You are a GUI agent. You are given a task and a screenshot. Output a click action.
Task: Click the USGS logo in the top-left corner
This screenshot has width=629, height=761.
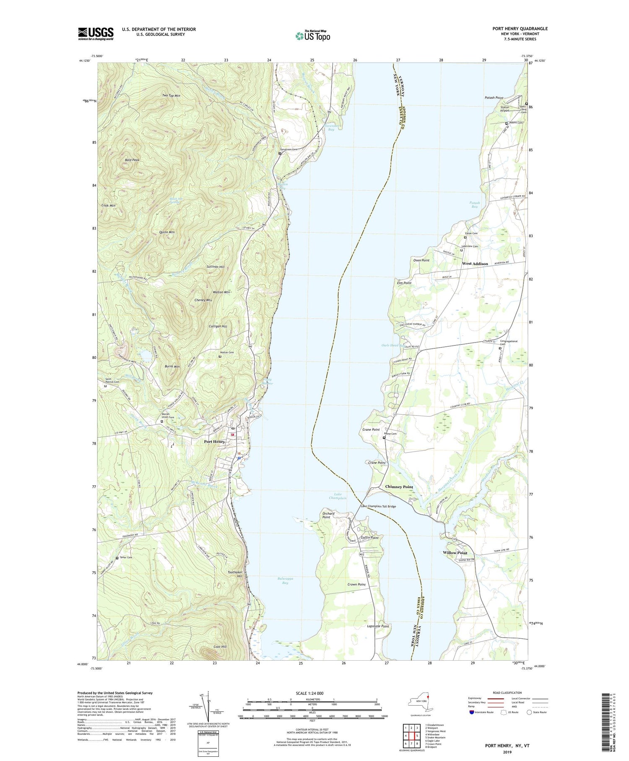[96, 34]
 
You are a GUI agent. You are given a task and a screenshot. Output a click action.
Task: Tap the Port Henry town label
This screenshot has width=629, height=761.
[214, 442]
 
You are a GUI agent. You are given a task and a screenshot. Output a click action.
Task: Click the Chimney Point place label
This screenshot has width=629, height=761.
[399, 486]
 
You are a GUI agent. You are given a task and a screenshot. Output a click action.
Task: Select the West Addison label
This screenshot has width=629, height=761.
[475, 264]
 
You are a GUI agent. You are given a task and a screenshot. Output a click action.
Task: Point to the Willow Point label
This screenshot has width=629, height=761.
[455, 553]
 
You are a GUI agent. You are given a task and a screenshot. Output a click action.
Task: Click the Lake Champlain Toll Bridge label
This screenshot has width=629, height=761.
[378, 506]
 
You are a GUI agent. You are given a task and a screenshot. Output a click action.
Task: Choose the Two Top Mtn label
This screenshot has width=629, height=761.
[171, 96]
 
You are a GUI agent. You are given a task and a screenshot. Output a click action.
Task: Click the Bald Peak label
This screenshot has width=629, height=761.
[132, 160]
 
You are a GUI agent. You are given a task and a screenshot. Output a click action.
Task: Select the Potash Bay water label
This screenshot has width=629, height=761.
[474, 204]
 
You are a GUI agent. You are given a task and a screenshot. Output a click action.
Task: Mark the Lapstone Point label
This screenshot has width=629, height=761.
[378, 626]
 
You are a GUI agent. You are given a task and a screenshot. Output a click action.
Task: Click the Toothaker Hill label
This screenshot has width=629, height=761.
[235, 574]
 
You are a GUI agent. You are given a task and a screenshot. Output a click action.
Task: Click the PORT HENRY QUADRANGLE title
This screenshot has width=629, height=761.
[520, 29]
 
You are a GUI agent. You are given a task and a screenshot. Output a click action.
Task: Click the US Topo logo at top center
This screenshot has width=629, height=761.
[312, 36]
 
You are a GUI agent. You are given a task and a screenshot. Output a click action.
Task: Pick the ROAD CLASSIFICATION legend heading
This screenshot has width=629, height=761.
[507, 693]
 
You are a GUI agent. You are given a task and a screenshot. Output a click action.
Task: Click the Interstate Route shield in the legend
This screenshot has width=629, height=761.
[472, 712]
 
